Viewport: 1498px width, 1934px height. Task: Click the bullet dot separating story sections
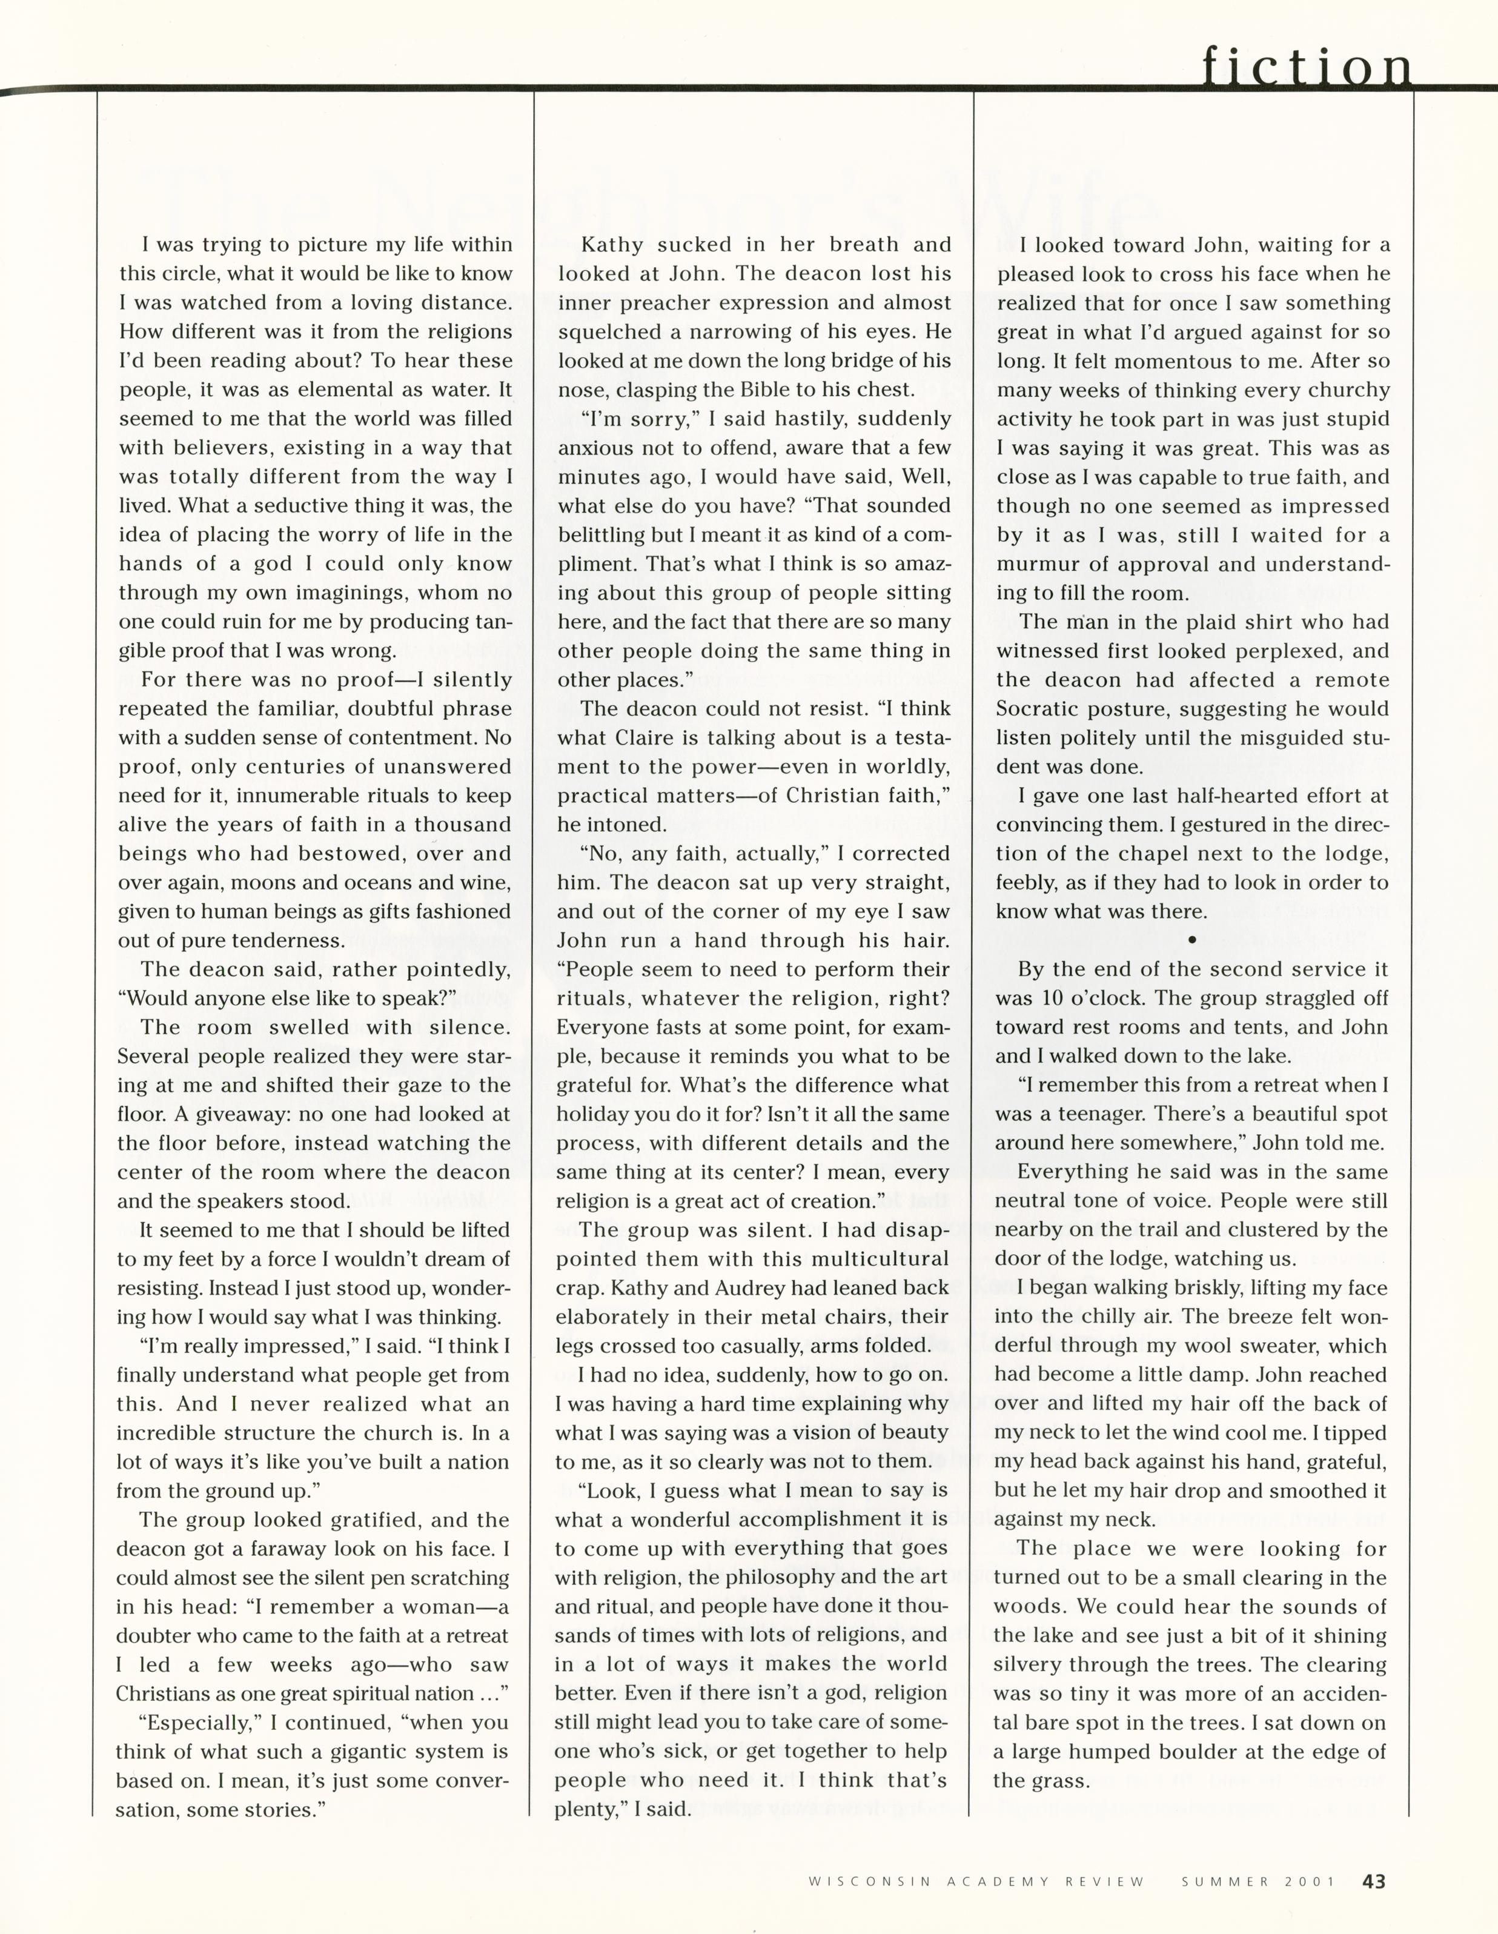[1191, 940]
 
